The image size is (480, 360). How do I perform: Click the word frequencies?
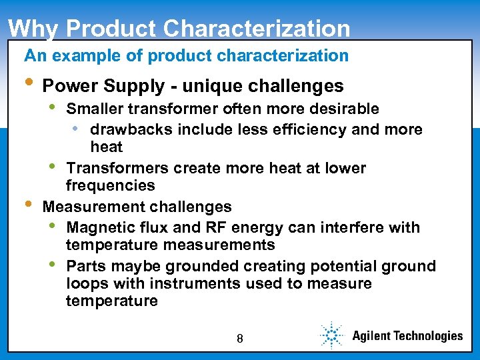pos(111,185)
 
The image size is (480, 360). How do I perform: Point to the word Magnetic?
pos(99,227)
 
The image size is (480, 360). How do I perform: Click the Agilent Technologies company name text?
pos(407,336)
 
